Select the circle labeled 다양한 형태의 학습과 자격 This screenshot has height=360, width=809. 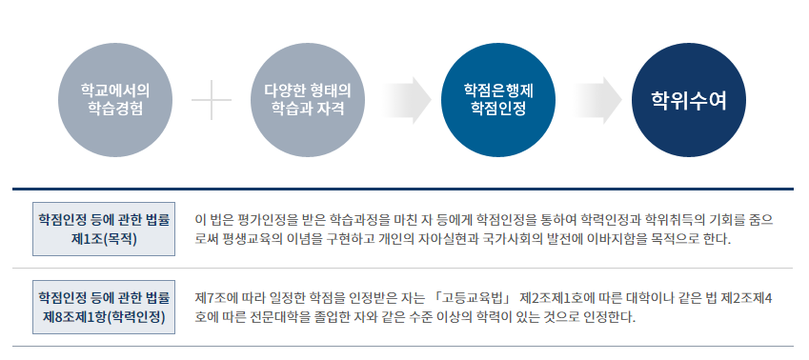307,99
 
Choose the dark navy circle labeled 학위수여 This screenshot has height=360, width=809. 688,99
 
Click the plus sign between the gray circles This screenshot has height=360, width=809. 212,100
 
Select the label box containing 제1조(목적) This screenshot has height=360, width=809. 104,229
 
